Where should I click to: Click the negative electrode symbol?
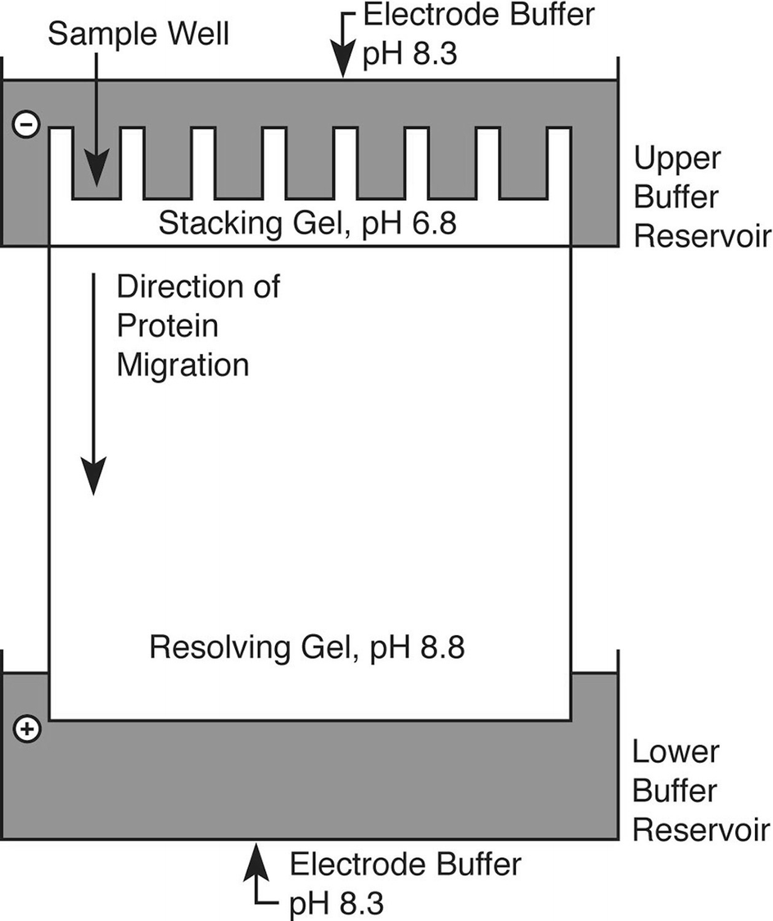(26, 126)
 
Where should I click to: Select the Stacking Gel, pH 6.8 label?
(307, 224)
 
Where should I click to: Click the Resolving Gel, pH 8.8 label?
(307, 649)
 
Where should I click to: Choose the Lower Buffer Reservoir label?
(701, 792)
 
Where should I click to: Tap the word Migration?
(183, 365)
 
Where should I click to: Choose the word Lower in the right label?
(676, 752)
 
